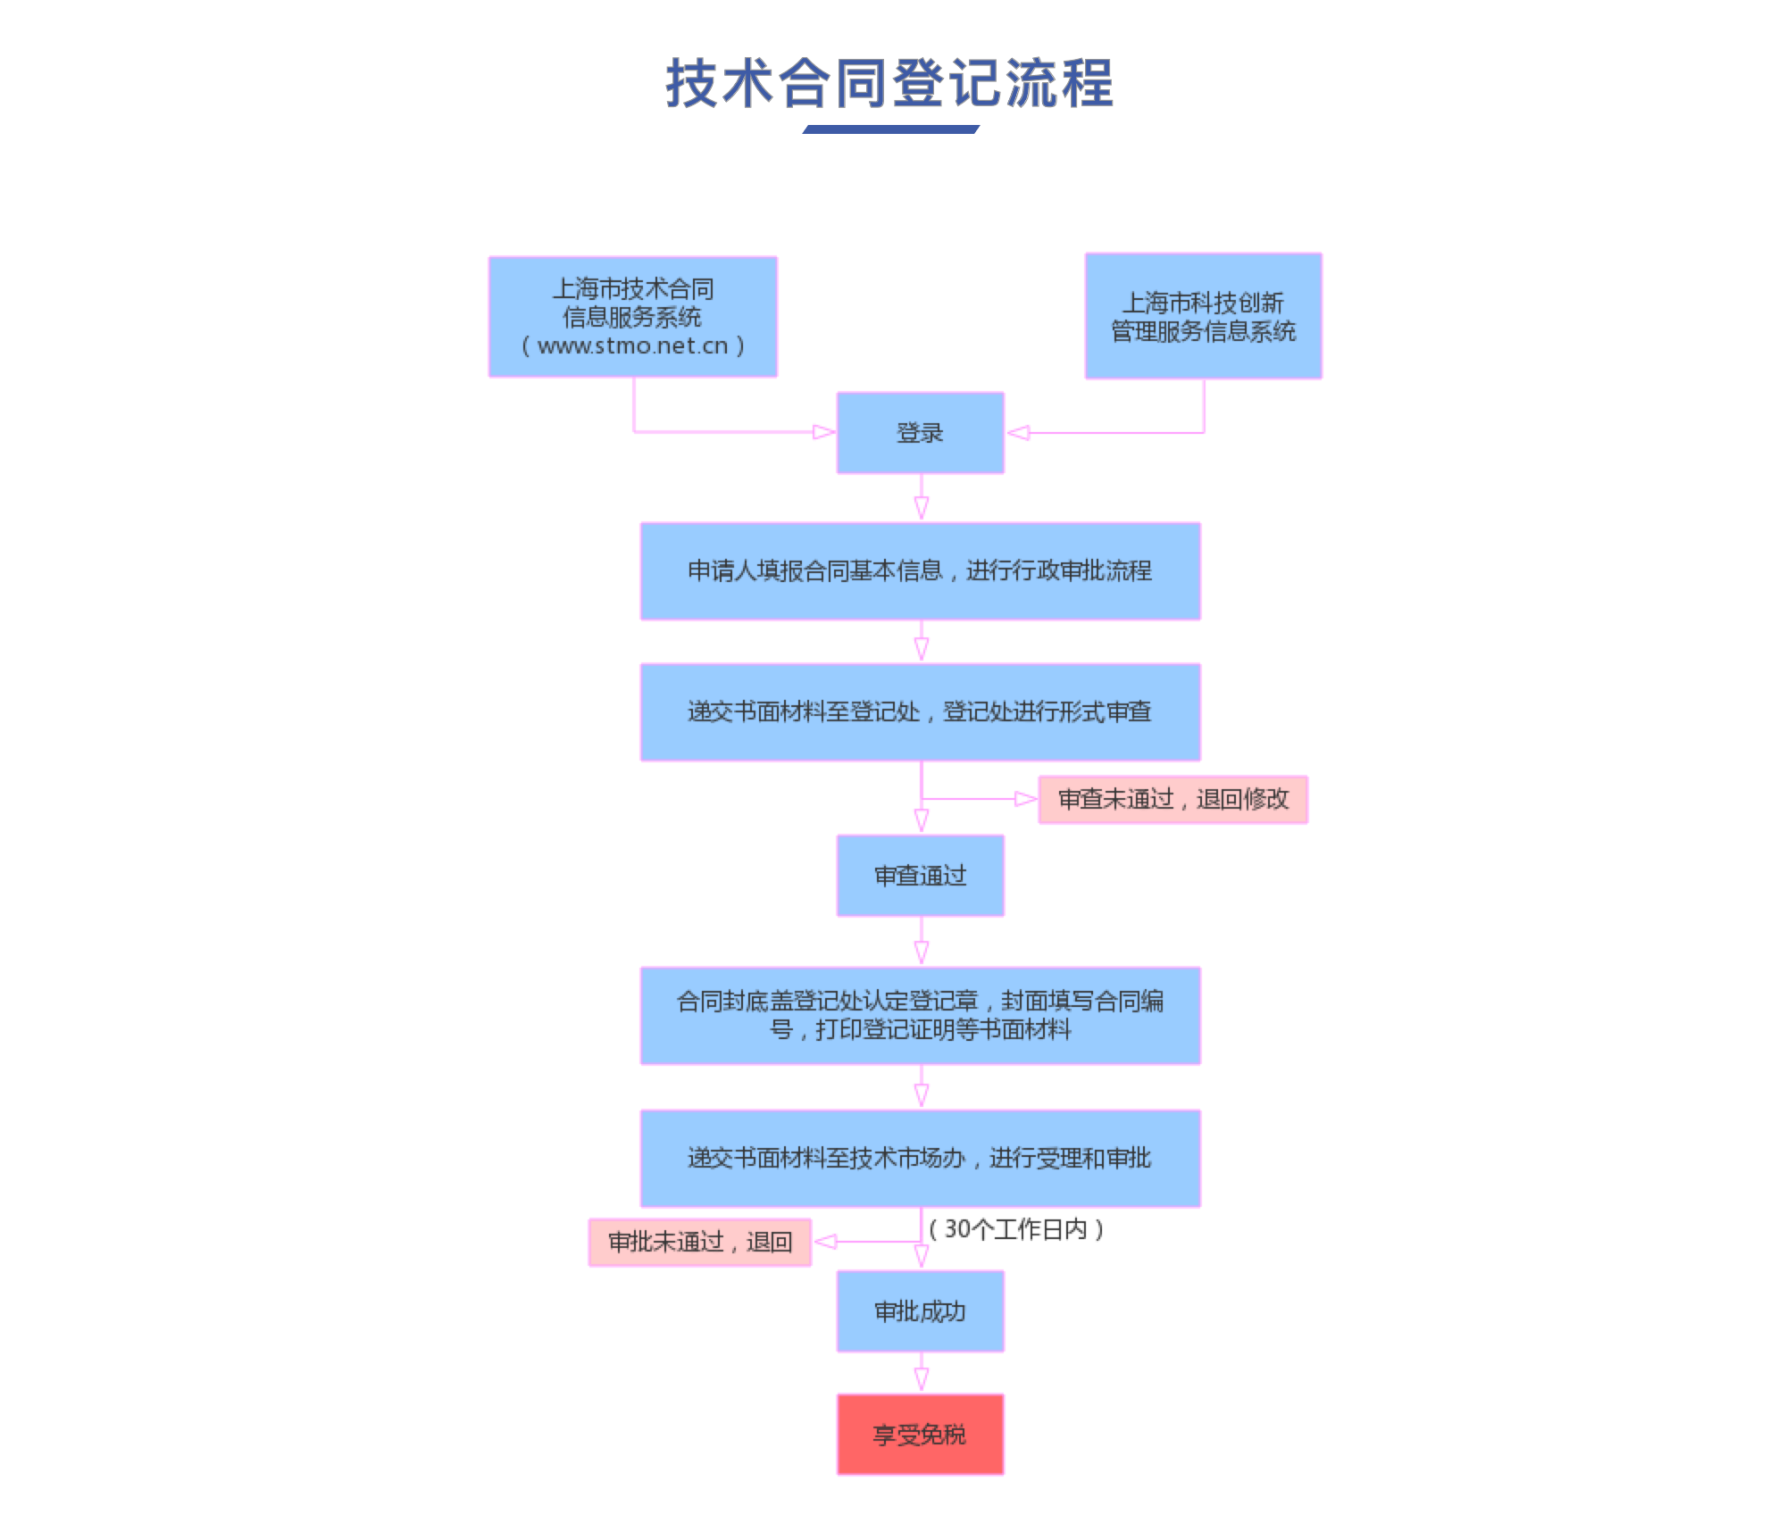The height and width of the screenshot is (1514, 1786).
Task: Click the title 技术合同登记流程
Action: click(889, 84)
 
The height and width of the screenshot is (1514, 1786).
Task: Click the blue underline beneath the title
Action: click(890, 129)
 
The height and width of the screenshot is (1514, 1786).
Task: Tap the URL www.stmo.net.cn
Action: click(632, 346)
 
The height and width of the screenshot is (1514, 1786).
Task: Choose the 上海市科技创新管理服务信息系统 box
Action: click(1203, 316)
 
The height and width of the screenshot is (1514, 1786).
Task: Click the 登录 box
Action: click(920, 433)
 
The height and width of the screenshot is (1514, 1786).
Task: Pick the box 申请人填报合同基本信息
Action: click(920, 570)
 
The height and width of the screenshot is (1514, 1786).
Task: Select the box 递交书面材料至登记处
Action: click(920, 711)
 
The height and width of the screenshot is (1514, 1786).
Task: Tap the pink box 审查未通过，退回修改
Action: click(1173, 799)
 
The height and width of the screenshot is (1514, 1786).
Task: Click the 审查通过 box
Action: click(920, 875)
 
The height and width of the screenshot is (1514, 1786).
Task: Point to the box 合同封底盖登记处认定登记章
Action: click(920, 1015)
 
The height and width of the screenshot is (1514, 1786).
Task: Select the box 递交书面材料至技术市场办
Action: click(920, 1158)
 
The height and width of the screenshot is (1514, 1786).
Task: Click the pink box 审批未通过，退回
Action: click(700, 1242)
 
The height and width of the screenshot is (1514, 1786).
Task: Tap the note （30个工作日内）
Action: click(1016, 1229)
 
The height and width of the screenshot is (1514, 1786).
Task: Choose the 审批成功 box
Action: click(920, 1310)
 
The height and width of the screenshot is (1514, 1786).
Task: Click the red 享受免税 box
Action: click(920, 1434)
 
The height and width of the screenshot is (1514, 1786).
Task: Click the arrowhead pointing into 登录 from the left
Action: click(823, 433)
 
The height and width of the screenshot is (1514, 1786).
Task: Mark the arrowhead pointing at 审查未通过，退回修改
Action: click(1025, 799)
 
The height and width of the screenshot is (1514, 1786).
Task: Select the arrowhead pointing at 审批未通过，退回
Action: click(825, 1242)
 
